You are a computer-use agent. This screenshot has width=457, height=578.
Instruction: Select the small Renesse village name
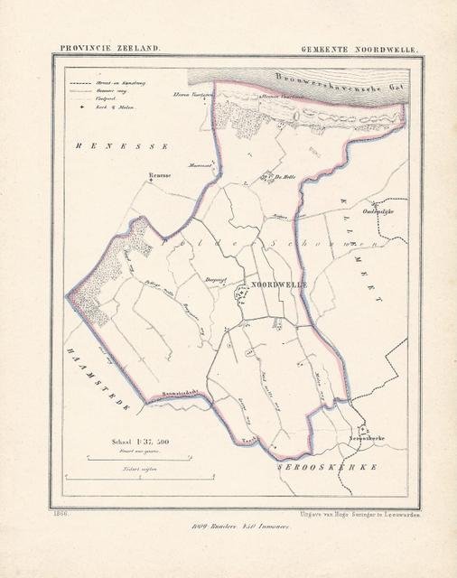(160, 177)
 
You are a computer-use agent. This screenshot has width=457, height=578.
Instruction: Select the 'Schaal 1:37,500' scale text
(140, 442)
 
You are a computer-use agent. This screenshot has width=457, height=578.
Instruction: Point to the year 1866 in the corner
(61, 513)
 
